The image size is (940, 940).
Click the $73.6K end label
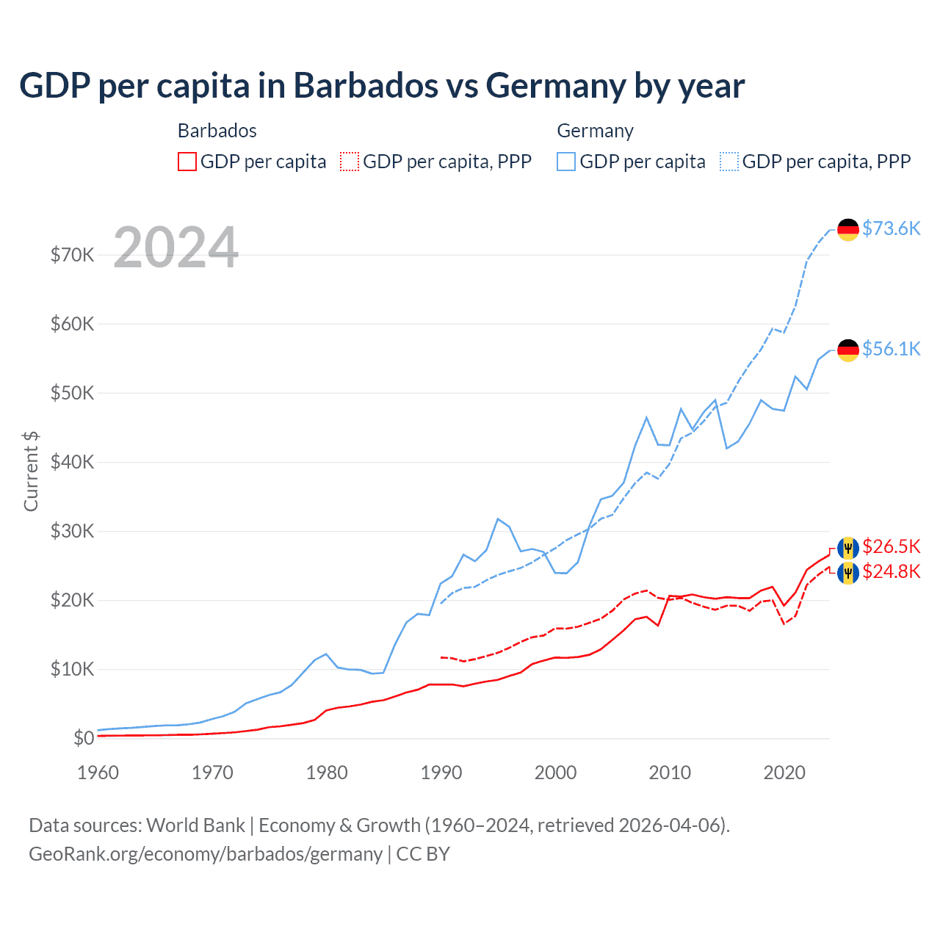(x=891, y=229)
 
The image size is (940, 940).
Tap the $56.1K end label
(x=891, y=349)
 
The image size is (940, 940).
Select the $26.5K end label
(x=891, y=546)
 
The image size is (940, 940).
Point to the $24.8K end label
(x=891, y=571)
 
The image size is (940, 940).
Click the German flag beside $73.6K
(x=848, y=229)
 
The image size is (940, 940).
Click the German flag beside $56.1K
(x=848, y=350)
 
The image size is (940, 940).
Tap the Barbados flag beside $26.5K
(x=848, y=548)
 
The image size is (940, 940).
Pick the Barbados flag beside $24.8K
(x=848, y=572)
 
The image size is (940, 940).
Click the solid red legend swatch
(x=187, y=162)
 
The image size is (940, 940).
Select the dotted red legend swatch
(x=350, y=162)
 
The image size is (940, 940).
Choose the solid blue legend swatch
(x=566, y=162)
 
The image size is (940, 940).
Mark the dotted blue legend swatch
(x=729, y=162)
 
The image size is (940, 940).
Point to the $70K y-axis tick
(x=72, y=255)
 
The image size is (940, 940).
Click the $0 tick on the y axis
(x=84, y=739)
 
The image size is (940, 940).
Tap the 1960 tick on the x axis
(x=98, y=773)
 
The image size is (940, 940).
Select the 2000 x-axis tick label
(x=555, y=773)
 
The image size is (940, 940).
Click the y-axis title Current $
(x=31, y=471)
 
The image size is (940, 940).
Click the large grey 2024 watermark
(x=176, y=247)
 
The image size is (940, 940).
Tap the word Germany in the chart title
(x=554, y=86)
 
